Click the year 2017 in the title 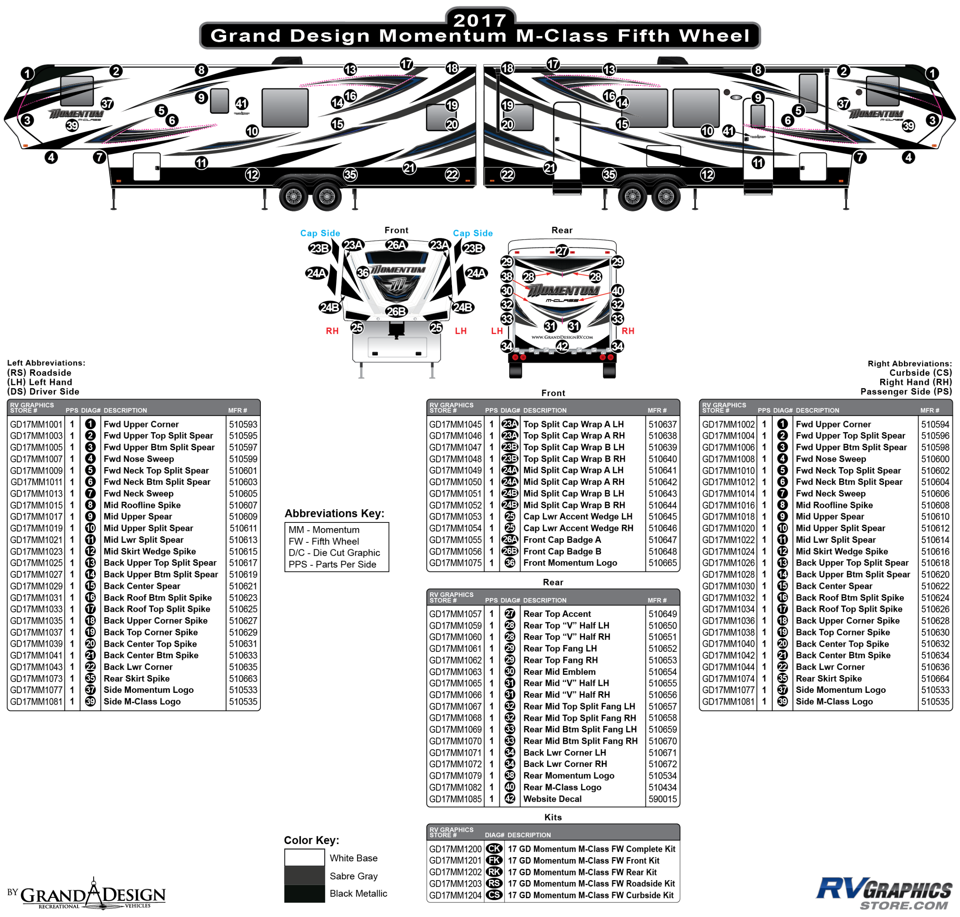coord(480,20)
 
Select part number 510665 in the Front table coord(663,563)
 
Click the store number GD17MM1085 coord(455,799)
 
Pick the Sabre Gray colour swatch coord(304,876)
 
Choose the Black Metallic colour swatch coord(304,894)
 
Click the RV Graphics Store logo coord(884,894)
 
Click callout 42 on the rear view coord(562,347)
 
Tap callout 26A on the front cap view coord(396,245)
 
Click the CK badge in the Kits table coord(494,849)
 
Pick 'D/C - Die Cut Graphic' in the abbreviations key coord(334,553)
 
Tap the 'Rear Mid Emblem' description coord(559,672)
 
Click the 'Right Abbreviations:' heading coord(910,363)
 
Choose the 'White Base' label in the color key coord(353,858)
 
